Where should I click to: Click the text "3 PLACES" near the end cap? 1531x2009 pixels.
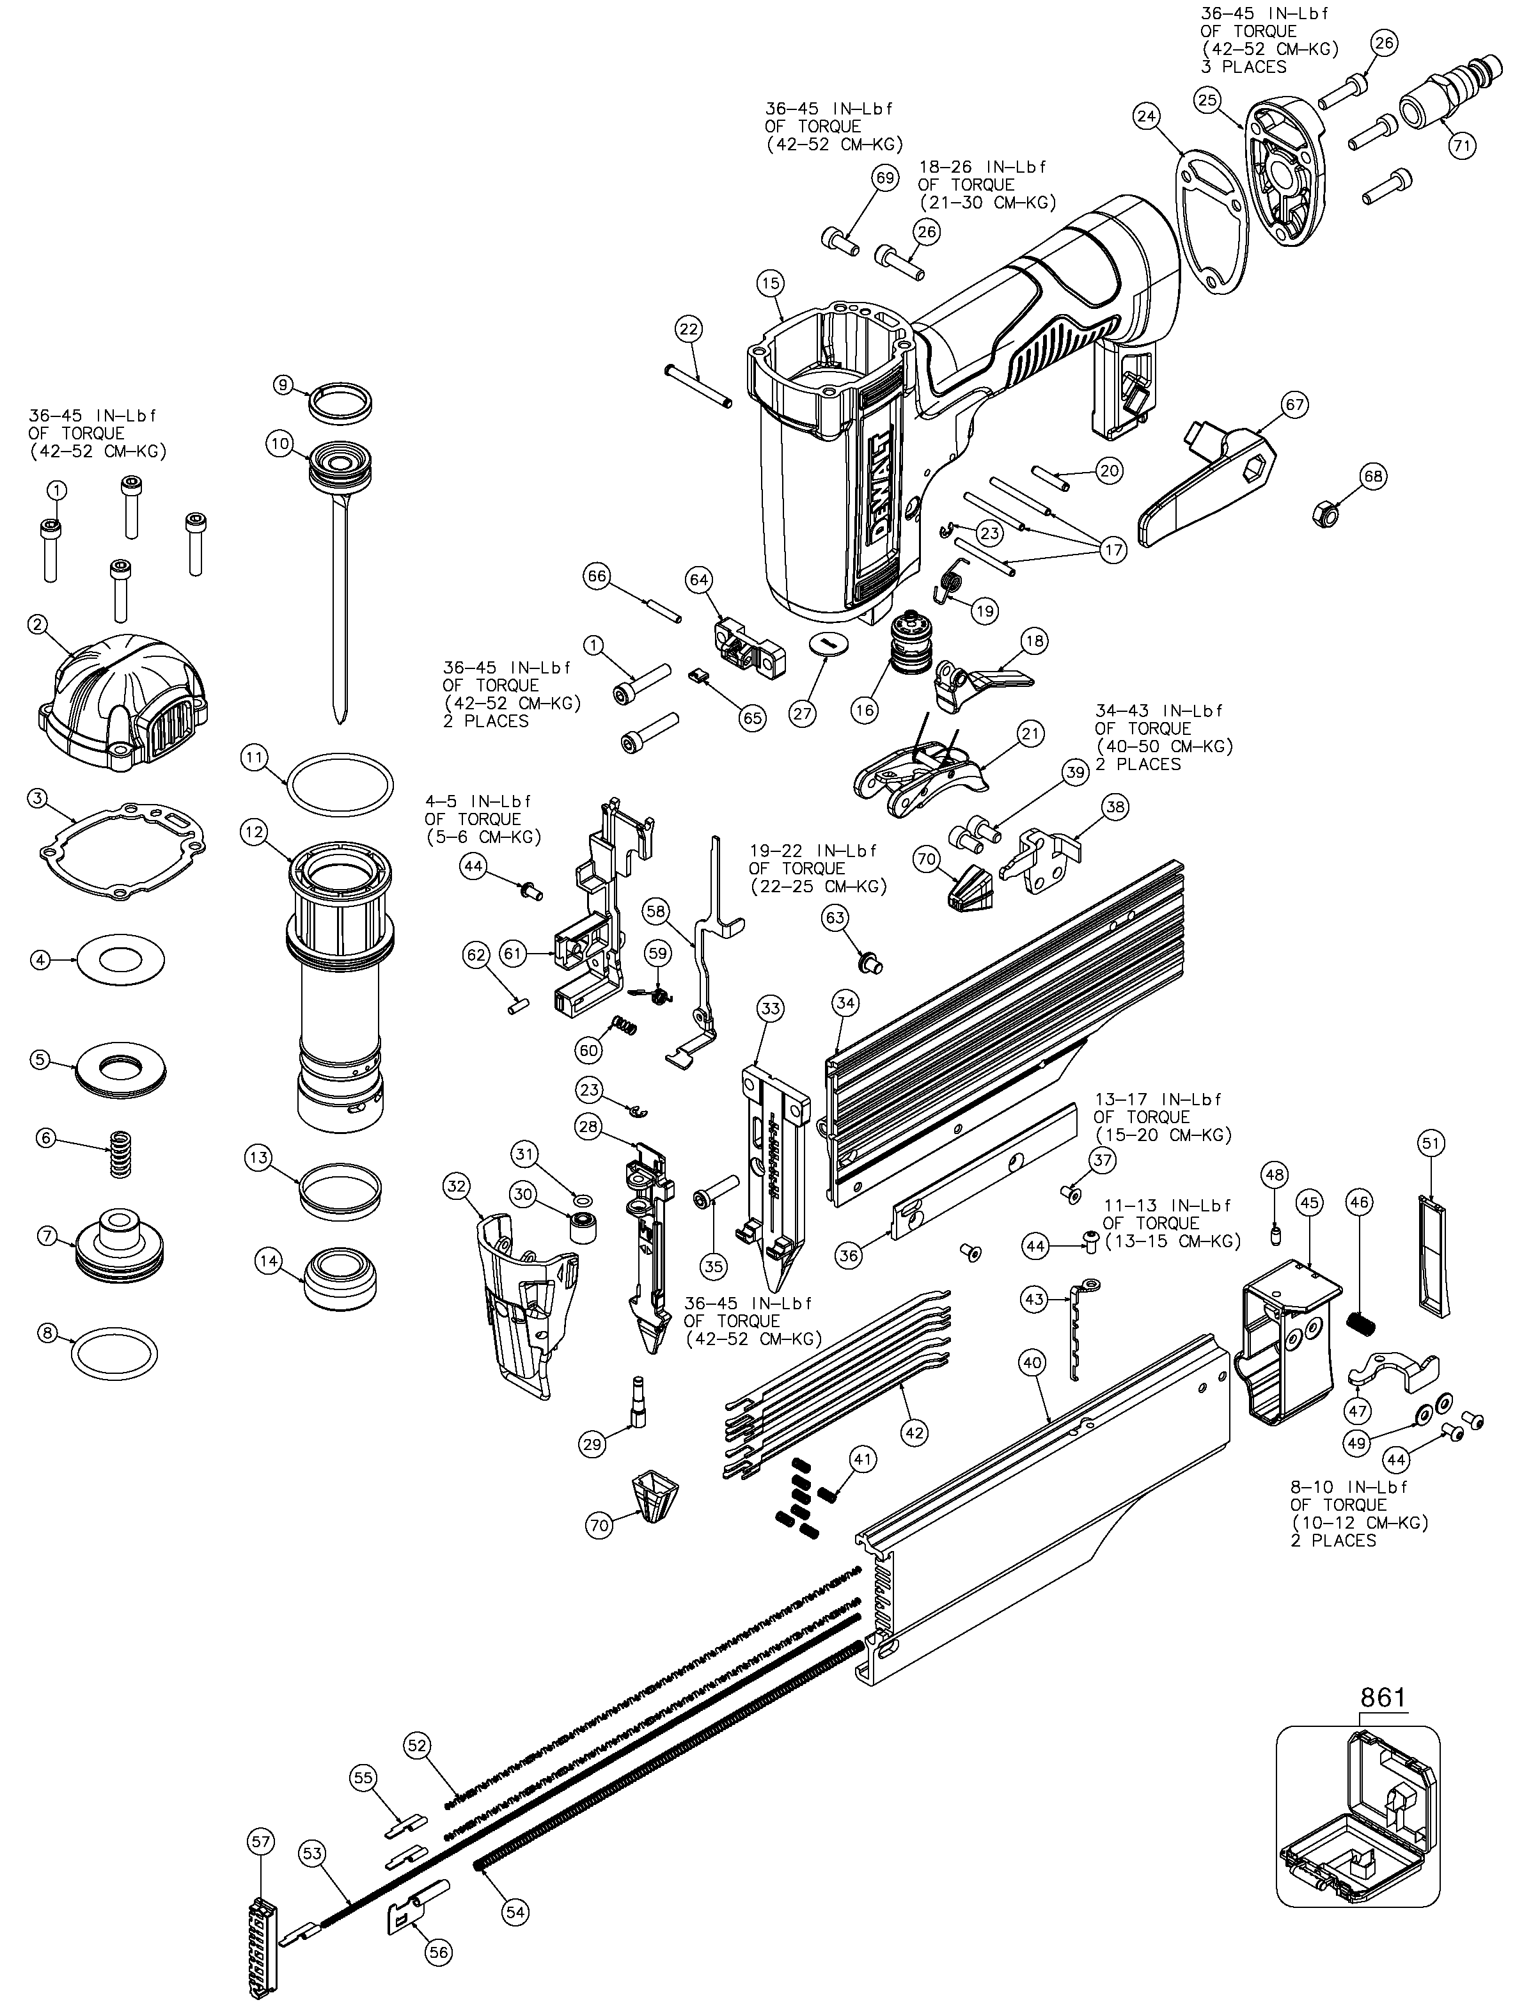[x=1243, y=67]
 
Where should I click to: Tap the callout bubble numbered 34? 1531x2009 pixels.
[x=845, y=1004]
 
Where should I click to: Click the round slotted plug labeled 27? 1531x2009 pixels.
[x=828, y=643]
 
